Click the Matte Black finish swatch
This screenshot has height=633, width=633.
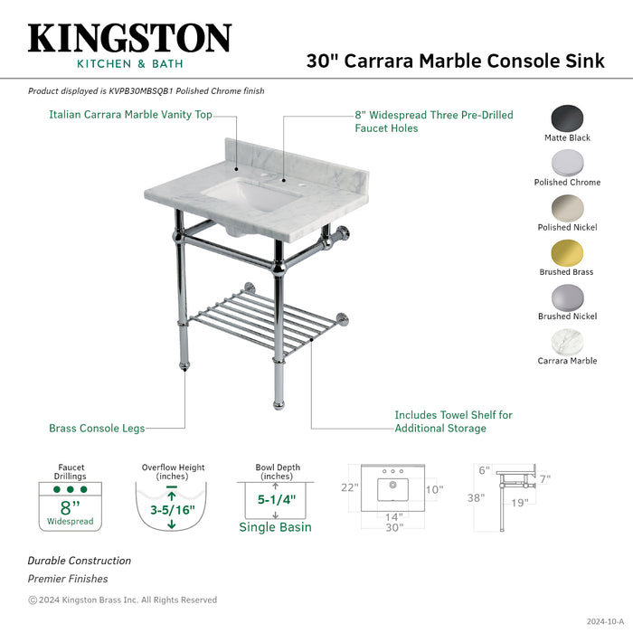[567, 118]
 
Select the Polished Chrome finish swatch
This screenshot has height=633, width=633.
[567, 163]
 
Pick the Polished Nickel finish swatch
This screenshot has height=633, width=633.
[567, 207]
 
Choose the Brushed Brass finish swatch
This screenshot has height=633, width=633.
[567, 252]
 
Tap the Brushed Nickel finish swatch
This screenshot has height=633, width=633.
[567, 297]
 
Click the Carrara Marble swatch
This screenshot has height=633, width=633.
[567, 341]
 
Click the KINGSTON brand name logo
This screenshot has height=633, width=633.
[129, 38]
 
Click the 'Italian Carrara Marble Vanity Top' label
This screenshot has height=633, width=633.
[131, 115]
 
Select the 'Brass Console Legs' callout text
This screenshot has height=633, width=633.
[97, 428]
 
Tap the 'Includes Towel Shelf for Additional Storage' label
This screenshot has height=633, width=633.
[453, 421]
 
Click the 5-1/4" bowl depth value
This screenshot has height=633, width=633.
[276, 498]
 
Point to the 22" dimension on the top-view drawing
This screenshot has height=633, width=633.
[349, 487]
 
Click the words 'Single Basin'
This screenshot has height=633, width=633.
[275, 527]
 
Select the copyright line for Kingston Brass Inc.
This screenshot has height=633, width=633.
[122, 600]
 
